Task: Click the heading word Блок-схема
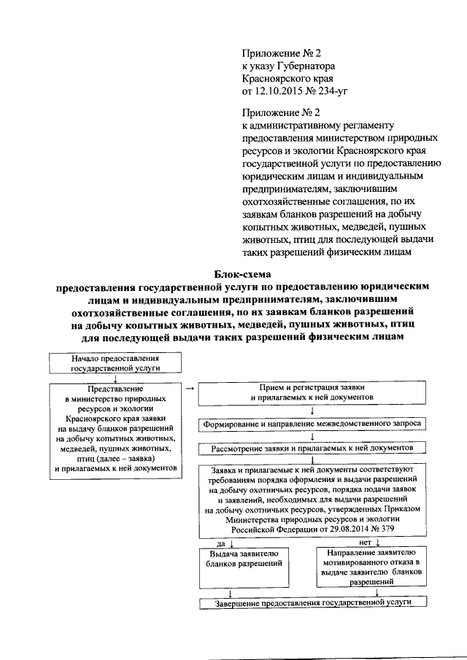coord(242,273)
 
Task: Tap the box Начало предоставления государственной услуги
coord(115,363)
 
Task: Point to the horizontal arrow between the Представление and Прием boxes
coord(189,388)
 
